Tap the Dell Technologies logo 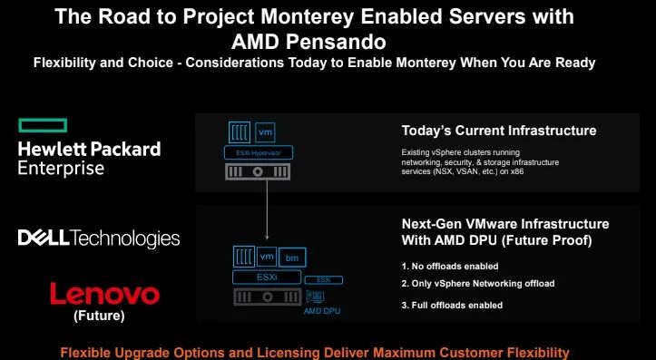[99, 238]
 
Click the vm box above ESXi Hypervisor [266, 132]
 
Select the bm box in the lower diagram [291, 258]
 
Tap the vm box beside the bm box [267, 256]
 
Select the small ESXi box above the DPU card [323, 280]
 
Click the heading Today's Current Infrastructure [499, 131]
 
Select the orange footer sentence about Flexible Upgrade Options [328, 351]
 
